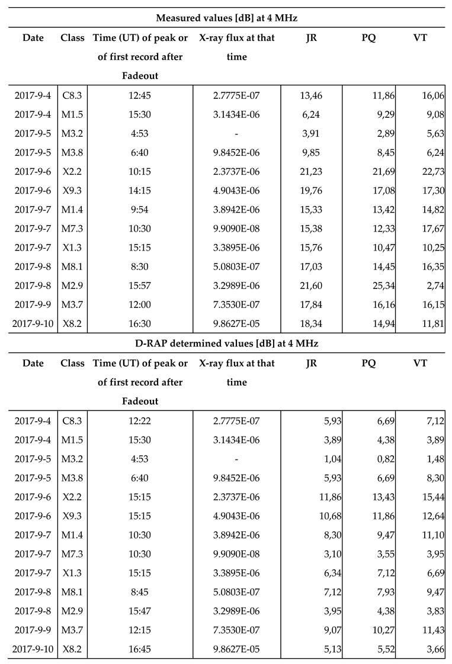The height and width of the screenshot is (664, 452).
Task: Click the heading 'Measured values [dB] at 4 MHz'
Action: pos(226,17)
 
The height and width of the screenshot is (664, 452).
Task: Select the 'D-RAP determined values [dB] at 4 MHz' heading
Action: pos(226,342)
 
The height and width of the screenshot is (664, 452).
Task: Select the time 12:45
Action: pos(140,95)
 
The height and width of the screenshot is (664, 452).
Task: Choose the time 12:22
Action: pos(140,421)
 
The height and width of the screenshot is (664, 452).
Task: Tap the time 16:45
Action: pos(140,649)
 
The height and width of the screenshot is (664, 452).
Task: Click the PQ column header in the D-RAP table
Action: pos(368,363)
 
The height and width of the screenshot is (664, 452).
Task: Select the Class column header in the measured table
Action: pos(72,38)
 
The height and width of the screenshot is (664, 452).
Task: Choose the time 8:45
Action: pos(140,592)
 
